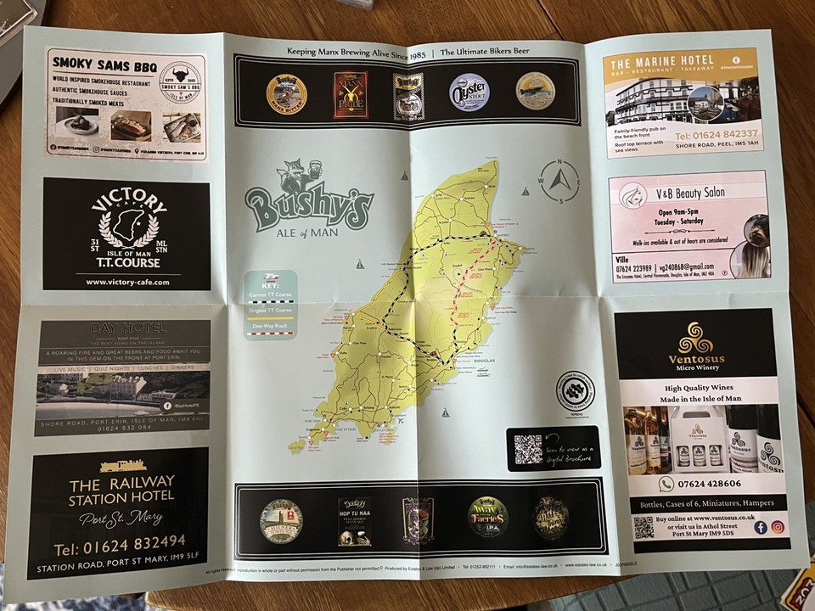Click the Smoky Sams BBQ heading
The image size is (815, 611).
(x=101, y=63)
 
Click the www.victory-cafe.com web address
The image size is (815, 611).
(x=128, y=281)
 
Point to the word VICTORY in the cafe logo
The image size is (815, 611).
(x=127, y=204)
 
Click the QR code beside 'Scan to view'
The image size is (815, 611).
(x=528, y=447)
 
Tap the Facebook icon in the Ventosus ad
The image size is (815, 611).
(x=760, y=528)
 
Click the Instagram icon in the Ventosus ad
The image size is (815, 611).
(x=777, y=528)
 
